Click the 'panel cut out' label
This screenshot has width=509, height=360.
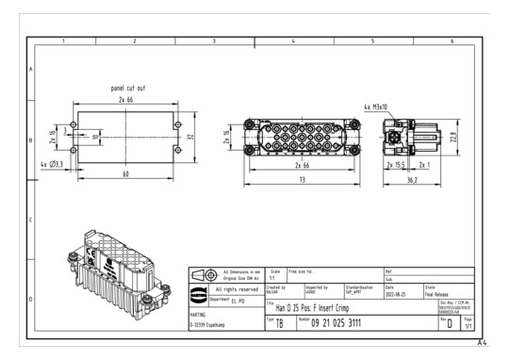click(x=129, y=88)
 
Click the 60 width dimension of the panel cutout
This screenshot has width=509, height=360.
click(x=126, y=174)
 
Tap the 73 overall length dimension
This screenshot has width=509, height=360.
click(x=302, y=178)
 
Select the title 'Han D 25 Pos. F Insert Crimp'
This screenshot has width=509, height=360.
click(x=315, y=306)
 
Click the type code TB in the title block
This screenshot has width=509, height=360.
click(x=279, y=323)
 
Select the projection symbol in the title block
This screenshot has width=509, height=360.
click(x=203, y=274)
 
